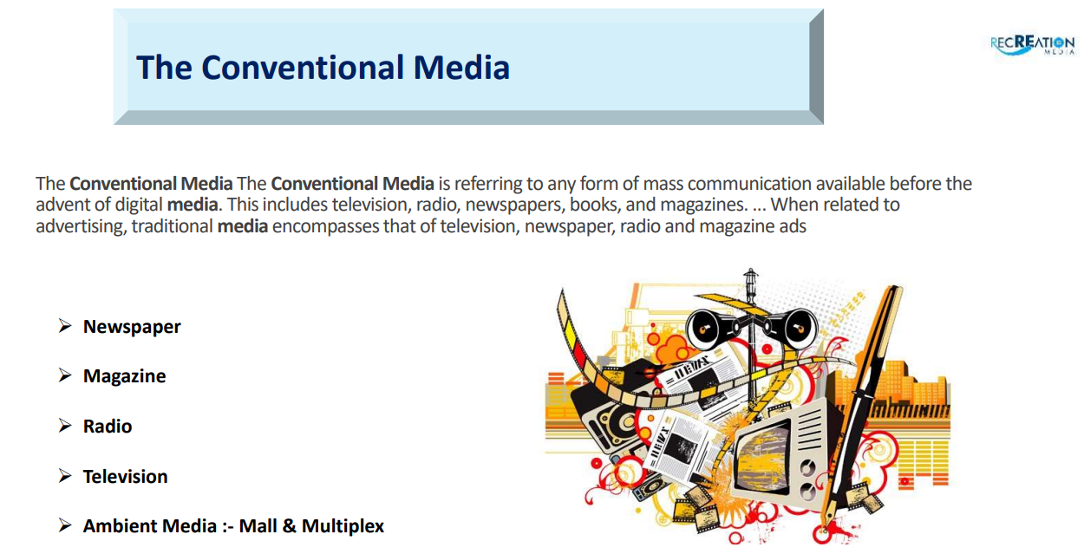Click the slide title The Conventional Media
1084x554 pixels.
pyautogui.click(x=323, y=67)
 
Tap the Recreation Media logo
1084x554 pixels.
pyautogui.click(x=1032, y=44)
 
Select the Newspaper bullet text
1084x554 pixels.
pyautogui.click(x=132, y=327)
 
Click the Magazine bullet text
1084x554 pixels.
pyautogui.click(x=124, y=376)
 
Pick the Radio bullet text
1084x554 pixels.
pyautogui.click(x=108, y=427)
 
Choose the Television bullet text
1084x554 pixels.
pyautogui.click(x=126, y=477)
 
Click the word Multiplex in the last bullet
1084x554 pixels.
pyautogui.click(x=343, y=526)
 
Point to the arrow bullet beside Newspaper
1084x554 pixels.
pyautogui.click(x=65, y=326)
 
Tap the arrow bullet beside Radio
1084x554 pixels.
pyautogui.click(x=65, y=426)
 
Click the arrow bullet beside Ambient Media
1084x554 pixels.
pyautogui.click(x=65, y=525)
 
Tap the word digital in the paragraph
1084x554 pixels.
pyautogui.click(x=139, y=205)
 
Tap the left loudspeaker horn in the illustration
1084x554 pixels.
pyautogui.click(x=709, y=329)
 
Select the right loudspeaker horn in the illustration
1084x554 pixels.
pyautogui.click(x=796, y=329)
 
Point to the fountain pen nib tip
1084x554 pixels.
pyautogui.click(x=823, y=531)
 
